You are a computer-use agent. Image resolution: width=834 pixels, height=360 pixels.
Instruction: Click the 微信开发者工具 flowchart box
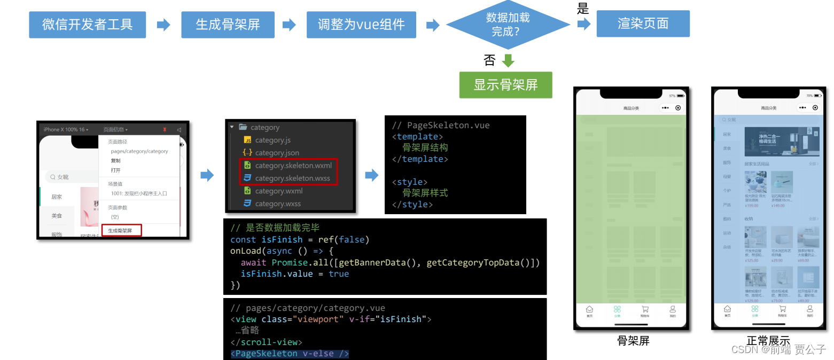point(87,25)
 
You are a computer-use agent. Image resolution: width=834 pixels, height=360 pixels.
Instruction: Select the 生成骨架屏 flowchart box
point(228,25)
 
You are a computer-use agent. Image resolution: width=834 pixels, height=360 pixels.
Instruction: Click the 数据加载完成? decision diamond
point(508,25)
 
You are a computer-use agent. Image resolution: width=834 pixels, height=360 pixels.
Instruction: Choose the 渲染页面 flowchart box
point(643,24)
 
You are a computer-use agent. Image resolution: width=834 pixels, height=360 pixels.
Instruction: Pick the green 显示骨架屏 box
point(505,85)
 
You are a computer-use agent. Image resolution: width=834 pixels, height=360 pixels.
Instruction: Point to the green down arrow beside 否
point(508,60)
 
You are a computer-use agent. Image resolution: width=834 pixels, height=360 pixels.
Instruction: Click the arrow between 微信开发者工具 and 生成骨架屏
point(163,25)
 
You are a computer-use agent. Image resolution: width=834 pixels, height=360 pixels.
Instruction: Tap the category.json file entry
point(277,153)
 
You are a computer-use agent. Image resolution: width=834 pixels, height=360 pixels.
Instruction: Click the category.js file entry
point(272,140)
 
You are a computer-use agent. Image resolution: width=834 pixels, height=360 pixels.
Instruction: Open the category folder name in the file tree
point(265,128)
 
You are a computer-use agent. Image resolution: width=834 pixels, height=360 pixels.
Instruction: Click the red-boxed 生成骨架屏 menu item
point(120,231)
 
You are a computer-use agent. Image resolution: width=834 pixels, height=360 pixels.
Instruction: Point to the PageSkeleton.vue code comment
point(441,126)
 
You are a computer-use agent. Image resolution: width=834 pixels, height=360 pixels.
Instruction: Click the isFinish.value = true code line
point(294,274)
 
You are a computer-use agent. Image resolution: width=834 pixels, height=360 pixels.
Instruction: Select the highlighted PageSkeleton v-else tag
point(290,354)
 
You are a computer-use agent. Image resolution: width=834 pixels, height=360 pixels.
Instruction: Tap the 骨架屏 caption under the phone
point(633,341)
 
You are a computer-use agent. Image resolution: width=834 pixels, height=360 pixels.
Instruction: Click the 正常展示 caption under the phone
point(768,341)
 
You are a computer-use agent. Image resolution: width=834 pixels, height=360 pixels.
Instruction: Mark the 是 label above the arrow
point(583,9)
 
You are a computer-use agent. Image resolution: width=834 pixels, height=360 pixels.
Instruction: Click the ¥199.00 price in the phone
point(752,206)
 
